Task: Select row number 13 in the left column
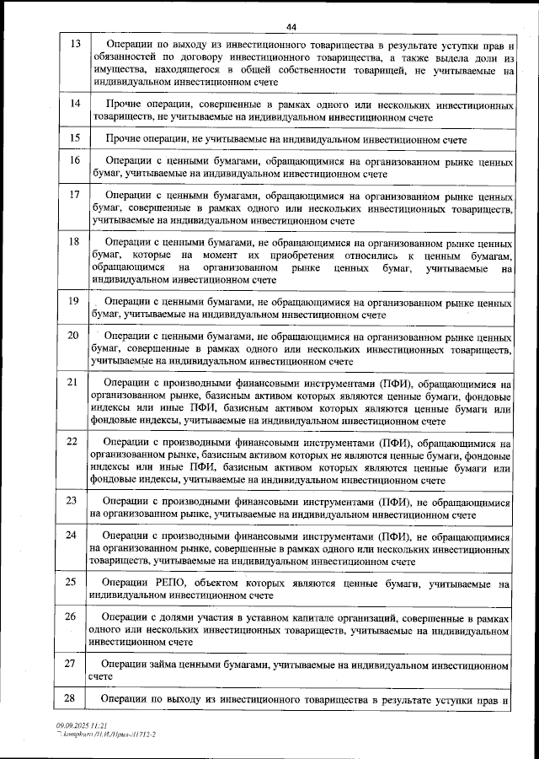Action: point(74,44)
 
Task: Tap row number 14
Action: point(74,103)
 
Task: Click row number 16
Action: point(74,160)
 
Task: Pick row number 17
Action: point(74,195)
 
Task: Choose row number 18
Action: point(74,242)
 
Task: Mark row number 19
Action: point(74,301)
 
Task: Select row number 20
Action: point(74,336)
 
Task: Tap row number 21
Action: point(74,382)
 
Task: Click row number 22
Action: point(74,441)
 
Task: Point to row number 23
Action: point(74,501)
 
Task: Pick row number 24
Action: point(74,536)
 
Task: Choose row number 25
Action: point(74,582)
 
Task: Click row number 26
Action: point(74,616)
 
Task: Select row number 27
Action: point(74,663)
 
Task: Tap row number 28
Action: point(74,697)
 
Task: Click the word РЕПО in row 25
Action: point(174,583)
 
